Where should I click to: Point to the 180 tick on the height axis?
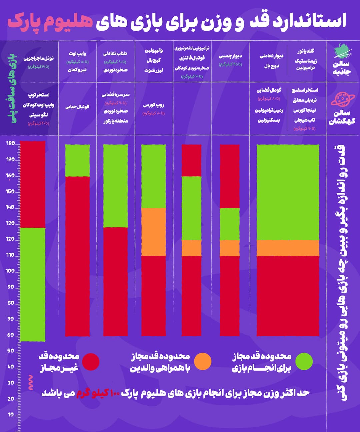tap(11, 144)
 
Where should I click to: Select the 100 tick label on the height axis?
tap(10, 271)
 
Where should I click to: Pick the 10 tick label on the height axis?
tap(11, 415)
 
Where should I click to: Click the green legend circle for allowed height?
tap(304, 362)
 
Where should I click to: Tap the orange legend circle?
tap(203, 362)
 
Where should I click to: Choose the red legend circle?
tap(91, 362)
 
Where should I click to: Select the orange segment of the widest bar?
tap(288, 248)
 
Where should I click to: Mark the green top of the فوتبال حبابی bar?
tap(77, 160)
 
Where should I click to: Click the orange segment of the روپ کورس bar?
tap(153, 232)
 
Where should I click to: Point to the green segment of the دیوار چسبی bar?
tap(230, 224)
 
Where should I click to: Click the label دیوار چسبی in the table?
tap(230, 56)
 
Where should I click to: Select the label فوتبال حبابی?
tap(77, 107)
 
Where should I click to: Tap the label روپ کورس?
tap(153, 105)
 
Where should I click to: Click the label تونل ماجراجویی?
tap(38, 58)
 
